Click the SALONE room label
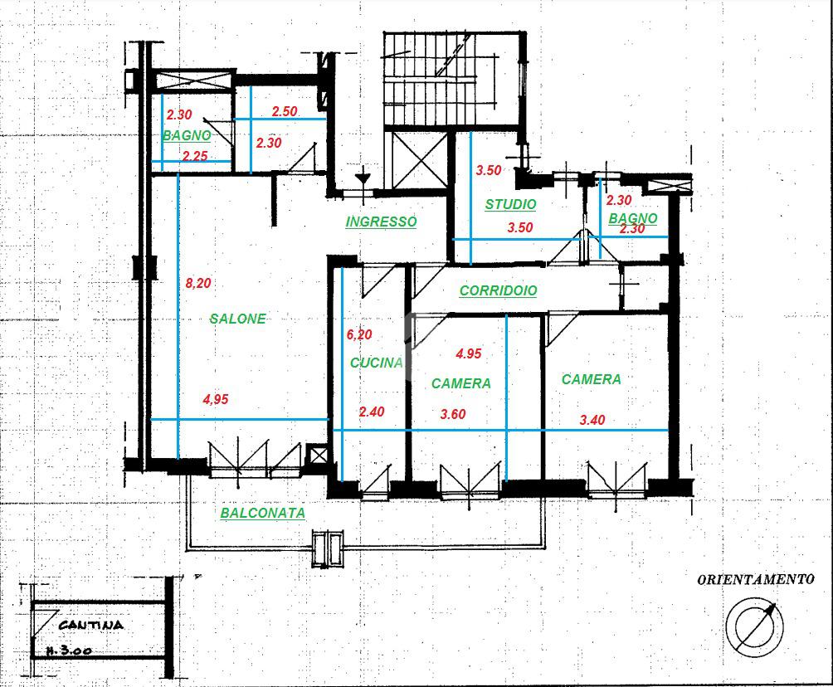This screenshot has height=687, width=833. tap(237, 319)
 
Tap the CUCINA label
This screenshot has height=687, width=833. tap(376, 363)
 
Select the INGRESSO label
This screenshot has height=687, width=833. tap(381, 222)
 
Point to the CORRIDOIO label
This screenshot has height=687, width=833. tap(499, 290)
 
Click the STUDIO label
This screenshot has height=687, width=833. tap(510, 204)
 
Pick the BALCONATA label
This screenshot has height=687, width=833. tap(263, 513)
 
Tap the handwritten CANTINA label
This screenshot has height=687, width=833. tap(90, 625)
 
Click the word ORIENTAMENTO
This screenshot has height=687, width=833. tap(756, 579)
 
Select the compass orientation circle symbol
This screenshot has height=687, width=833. tap(754, 626)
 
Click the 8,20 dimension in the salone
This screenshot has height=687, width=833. tap(198, 283)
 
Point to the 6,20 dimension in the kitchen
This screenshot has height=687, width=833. tap(359, 334)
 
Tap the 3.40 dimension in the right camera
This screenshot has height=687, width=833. tap(592, 420)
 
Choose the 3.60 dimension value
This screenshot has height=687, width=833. tap(453, 414)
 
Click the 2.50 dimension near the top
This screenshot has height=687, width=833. tap(285, 111)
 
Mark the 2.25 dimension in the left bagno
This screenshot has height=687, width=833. tap(195, 156)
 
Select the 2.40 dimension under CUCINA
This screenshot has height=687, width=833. tap(372, 412)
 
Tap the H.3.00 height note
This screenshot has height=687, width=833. tap(69, 650)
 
